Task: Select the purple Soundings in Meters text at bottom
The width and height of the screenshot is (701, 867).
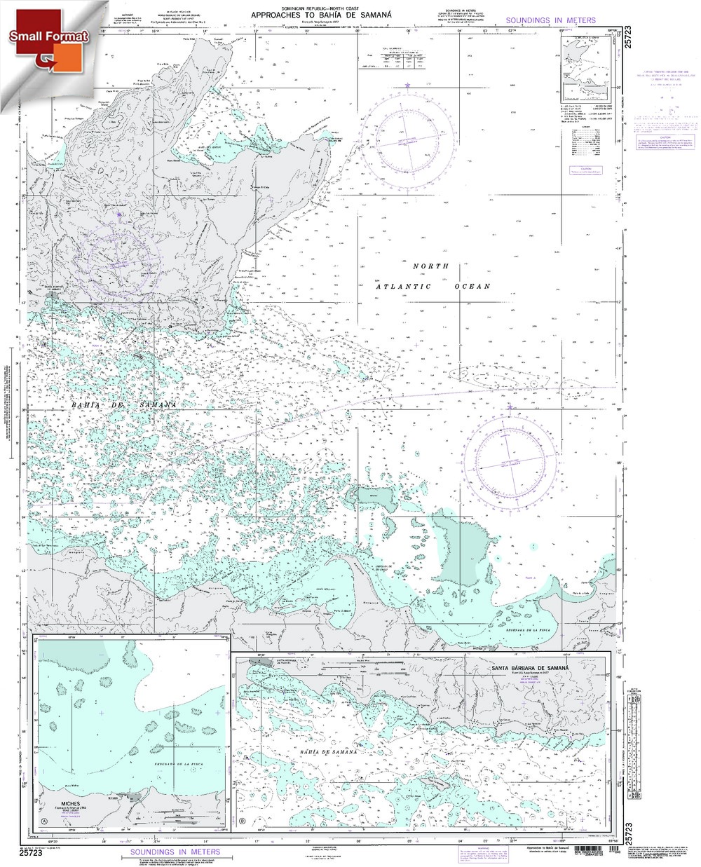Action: pyautogui.click(x=175, y=852)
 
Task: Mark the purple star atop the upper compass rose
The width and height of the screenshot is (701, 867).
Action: pyautogui.click(x=408, y=85)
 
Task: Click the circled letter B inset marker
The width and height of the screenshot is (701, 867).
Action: pyautogui.click(x=243, y=823)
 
